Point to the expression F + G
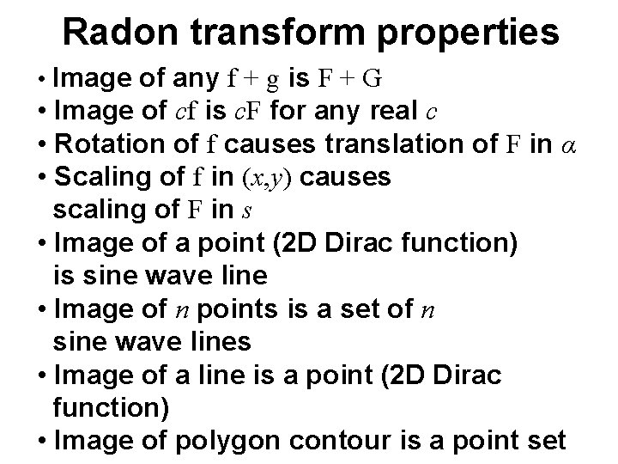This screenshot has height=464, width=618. pyautogui.click(x=348, y=80)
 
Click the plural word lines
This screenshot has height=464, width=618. pyautogui.click(x=218, y=343)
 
